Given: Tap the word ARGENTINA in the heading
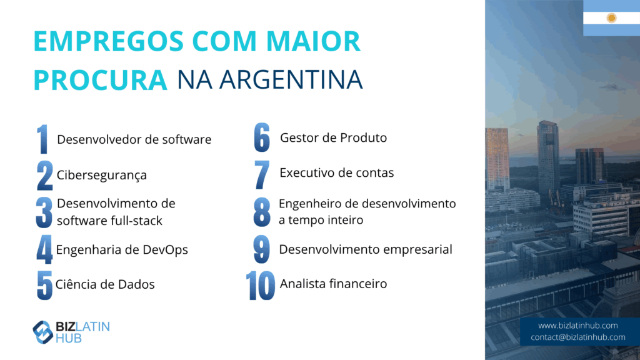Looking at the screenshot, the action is [x=291, y=79].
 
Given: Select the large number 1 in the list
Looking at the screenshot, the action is [x=42, y=139].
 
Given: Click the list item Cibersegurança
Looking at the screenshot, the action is [x=102, y=175].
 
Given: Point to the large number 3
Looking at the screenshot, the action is [x=44, y=212].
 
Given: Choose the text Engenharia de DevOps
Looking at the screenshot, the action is [x=122, y=249].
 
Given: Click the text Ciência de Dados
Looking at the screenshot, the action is [x=105, y=284].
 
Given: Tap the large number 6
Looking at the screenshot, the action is [x=262, y=137].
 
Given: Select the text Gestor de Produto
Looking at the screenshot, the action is [x=333, y=137].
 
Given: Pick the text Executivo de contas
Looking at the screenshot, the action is [x=337, y=172].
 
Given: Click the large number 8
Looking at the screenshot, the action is [x=262, y=212].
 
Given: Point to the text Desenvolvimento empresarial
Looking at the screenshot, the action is [x=365, y=249].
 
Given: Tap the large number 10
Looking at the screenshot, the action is [x=261, y=286].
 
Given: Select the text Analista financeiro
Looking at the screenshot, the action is [x=333, y=284].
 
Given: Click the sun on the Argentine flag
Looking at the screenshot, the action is [x=611, y=18].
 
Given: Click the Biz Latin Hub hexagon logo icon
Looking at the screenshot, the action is [x=43, y=332].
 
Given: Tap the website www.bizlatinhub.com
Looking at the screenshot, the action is [x=577, y=325].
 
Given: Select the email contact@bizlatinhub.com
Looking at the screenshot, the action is [x=578, y=337].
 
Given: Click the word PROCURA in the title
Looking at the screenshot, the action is [x=101, y=79].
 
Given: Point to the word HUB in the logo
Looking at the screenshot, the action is [x=69, y=338].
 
